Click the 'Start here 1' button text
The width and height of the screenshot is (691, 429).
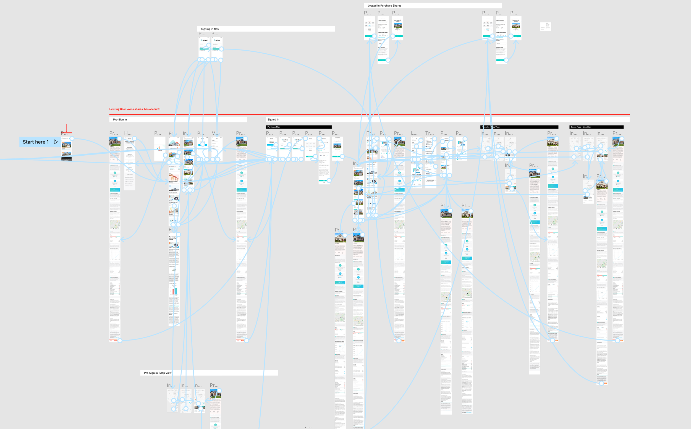point(36,142)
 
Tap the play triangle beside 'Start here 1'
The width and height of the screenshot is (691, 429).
point(56,142)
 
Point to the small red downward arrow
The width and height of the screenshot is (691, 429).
point(66,128)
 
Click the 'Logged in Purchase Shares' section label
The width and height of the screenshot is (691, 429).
point(384,6)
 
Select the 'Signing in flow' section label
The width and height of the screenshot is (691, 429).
point(210,29)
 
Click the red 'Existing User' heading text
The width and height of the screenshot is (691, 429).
point(135,109)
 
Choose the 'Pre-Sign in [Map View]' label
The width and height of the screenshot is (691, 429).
point(158,373)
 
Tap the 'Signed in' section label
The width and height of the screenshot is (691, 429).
point(273,119)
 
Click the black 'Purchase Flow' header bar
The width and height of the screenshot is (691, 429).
point(299,127)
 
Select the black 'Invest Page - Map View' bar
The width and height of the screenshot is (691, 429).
point(596,127)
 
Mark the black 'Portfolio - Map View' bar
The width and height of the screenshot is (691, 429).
point(519,127)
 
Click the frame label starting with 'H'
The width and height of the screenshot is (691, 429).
point(128,133)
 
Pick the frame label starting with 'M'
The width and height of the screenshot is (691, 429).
point(215,133)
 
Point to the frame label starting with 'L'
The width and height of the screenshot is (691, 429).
point(414,133)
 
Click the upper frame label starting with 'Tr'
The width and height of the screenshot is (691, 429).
point(429,133)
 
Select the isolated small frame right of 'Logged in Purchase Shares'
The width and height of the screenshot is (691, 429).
point(546,26)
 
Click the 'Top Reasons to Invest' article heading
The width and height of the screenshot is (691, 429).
point(173,238)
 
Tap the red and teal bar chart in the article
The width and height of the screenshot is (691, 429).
point(174,291)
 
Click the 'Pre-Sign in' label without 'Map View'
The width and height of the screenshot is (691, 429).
point(120,119)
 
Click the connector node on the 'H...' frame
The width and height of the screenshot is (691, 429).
point(134,138)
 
